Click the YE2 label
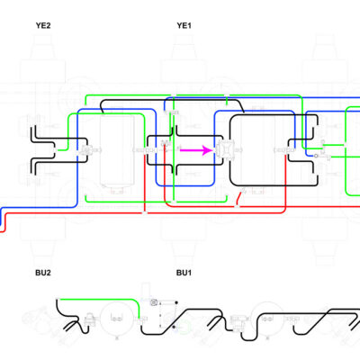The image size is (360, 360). tap(43, 25)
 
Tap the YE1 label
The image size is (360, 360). tap(184, 25)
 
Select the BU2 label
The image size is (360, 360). tap(43, 273)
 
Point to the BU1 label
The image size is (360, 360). tap(184, 273)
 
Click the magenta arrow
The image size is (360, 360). tap(196, 150)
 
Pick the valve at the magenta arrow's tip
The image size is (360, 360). tap(224, 150)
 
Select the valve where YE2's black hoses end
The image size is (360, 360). tap(86, 149)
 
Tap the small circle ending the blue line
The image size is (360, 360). tap(316, 156)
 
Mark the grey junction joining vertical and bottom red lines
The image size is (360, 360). tap(145, 212)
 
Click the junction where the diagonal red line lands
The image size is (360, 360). tap(237, 206)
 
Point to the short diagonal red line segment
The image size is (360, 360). tap(240, 198)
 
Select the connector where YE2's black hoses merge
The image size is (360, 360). tap(55, 149)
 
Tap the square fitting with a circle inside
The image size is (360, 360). tap(154, 302)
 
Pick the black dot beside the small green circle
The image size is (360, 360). tap(175, 327)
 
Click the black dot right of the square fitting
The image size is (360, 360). tap(176, 302)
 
